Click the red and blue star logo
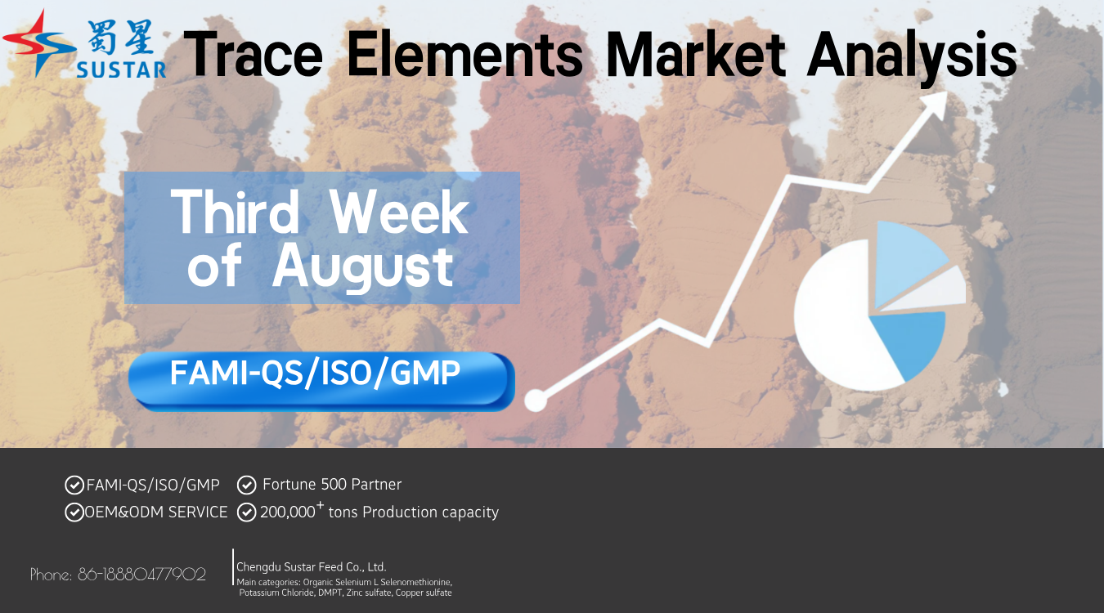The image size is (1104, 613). [39, 43]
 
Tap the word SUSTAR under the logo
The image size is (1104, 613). [121, 70]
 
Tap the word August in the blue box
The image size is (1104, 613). [363, 266]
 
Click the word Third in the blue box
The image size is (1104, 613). [235, 213]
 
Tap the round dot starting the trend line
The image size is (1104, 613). [536, 400]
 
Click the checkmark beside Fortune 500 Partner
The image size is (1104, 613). [246, 485]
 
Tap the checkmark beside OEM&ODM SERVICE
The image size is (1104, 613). [74, 512]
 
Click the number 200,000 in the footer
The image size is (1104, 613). [288, 512]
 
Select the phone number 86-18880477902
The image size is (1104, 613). [142, 575]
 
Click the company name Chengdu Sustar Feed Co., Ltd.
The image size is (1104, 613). [312, 566]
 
